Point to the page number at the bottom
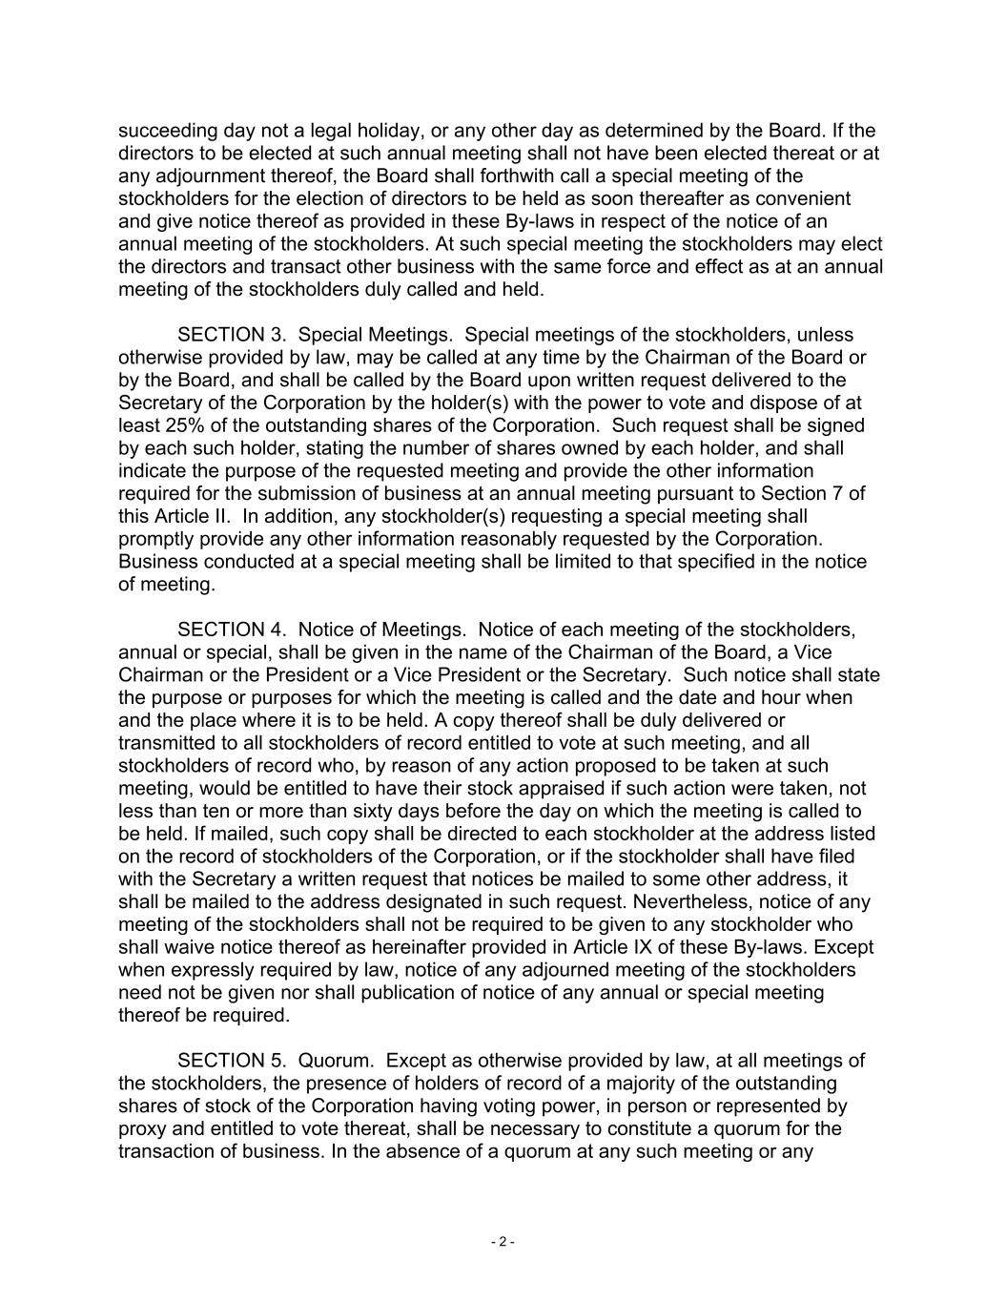pos(503,1242)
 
